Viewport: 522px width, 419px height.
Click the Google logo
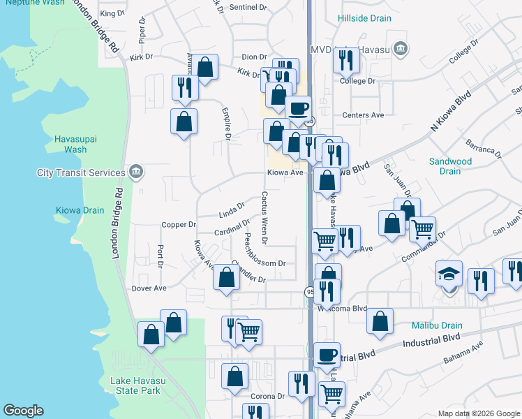click(23, 411)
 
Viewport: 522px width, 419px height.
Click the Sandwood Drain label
click(451, 166)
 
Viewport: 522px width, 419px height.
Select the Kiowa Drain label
click(80, 209)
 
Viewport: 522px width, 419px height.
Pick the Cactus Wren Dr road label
click(264, 217)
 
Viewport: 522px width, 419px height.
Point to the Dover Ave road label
click(149, 288)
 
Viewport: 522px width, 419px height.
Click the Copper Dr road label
click(179, 225)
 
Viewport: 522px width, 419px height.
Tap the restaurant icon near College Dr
click(345, 61)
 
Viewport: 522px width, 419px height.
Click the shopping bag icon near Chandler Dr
click(227, 277)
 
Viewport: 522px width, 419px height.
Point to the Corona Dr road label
click(267, 396)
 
